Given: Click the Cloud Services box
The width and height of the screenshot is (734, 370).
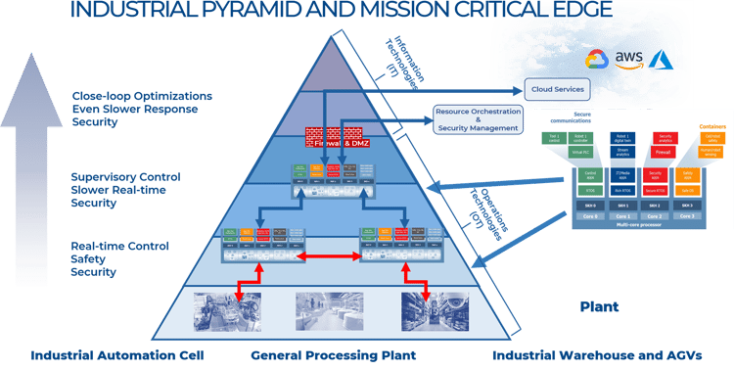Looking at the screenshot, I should (557, 89).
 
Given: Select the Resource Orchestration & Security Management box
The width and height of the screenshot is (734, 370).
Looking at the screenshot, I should (479, 120).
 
